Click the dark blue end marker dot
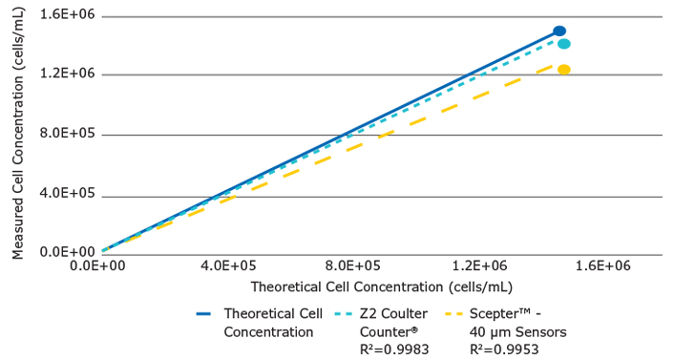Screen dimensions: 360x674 pos(559,32)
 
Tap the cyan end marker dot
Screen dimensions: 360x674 pos(563,44)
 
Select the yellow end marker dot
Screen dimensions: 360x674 pos(563,70)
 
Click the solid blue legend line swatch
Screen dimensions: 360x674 pos(204,313)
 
